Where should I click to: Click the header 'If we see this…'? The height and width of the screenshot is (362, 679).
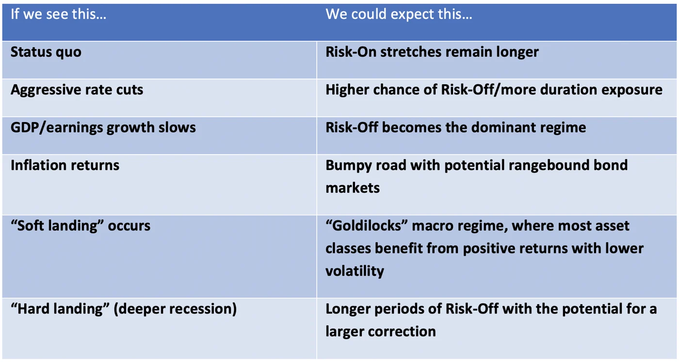(x=59, y=14)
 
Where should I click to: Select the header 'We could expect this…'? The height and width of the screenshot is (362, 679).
(x=399, y=15)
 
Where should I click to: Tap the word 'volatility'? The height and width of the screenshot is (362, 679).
(x=355, y=271)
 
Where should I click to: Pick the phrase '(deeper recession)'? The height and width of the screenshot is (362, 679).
(x=175, y=309)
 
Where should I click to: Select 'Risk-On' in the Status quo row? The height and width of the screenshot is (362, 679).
(x=351, y=52)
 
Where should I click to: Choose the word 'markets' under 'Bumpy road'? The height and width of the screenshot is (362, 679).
(x=353, y=188)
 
